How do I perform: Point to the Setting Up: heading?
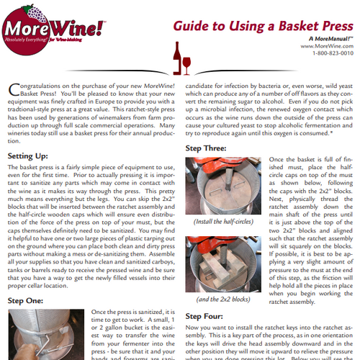click(28, 155)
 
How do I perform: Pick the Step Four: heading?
click(206, 315)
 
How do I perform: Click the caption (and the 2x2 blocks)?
click(222, 297)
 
